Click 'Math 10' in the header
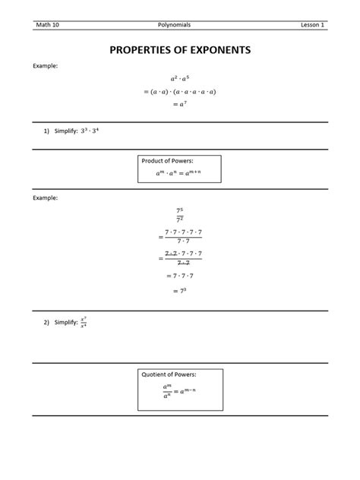[47, 25]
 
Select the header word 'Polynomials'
[179, 25]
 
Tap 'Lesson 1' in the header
[312, 25]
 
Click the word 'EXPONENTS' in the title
[216, 50]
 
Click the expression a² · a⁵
[179, 78]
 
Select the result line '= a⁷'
[179, 104]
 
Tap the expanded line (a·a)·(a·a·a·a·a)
[179, 91]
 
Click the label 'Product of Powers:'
[167, 161]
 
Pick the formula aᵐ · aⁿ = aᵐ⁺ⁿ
[178, 173]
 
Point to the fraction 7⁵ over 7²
[180, 214]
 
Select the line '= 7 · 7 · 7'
[179, 276]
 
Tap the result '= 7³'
[179, 291]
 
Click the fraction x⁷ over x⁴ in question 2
[84, 322]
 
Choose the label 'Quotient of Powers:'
[169, 374]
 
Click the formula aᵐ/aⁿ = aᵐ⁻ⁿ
[179, 391]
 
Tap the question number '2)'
[46, 323]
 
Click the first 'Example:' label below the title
[45, 66]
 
